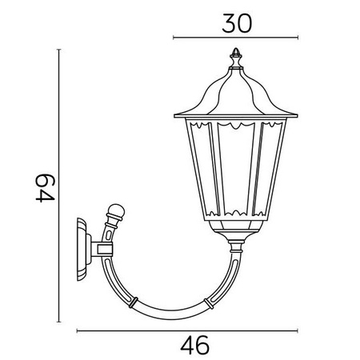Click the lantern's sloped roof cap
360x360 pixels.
pyautogui.click(x=235, y=96)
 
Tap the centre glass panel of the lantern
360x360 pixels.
pyautogui.click(x=235, y=172)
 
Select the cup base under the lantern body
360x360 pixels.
pyautogui.click(x=235, y=235)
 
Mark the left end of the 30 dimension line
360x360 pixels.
pyautogui.click(x=174, y=38)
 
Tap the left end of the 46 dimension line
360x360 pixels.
pyautogui.click(x=77, y=329)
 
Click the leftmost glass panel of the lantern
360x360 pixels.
pyautogui.click(x=200, y=172)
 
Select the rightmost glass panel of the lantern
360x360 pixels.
pyautogui.click(x=270, y=172)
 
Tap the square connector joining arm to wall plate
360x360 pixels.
pyautogui.click(x=102, y=250)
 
